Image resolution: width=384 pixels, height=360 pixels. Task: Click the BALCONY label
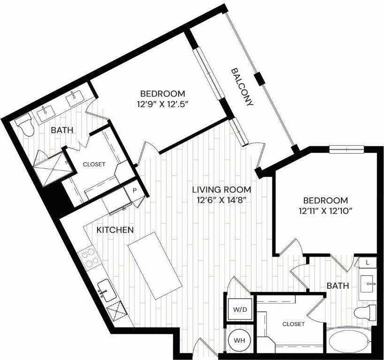coord(243,87)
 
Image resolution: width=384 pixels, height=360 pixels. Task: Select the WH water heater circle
coord(239,340)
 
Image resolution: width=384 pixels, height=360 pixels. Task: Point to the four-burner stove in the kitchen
coord(90,258)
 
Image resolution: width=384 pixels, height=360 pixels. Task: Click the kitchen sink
coord(106,290)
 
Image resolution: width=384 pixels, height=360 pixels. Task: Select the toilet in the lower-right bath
coord(366,312)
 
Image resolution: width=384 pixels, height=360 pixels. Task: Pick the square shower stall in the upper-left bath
coord(50,168)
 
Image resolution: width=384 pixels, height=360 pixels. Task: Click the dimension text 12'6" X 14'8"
coord(222,200)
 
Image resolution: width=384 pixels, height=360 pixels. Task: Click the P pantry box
coord(134,191)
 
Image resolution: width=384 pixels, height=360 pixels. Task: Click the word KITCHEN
coord(115,230)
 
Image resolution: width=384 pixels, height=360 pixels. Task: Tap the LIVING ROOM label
coord(222,190)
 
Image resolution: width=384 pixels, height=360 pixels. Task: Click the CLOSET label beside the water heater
coord(294,324)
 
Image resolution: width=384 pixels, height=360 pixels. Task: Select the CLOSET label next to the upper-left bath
coord(94,165)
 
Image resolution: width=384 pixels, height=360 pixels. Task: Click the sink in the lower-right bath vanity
coord(369,284)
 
